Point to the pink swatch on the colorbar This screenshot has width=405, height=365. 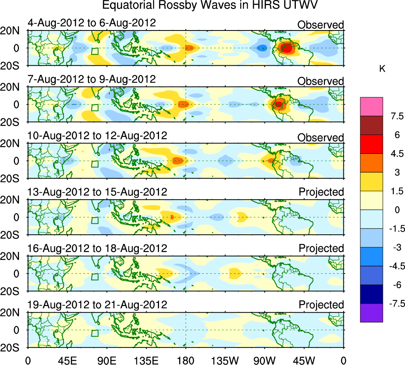tap(371, 106)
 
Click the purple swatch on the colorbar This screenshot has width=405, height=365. tap(371, 313)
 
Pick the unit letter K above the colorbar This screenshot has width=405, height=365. tap(382, 69)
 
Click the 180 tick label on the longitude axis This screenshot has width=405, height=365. tap(186, 360)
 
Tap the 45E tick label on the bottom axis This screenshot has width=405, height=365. tap(67, 360)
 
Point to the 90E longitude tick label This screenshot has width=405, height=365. tap(106, 360)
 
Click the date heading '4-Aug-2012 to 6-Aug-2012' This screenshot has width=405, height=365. tap(92, 23)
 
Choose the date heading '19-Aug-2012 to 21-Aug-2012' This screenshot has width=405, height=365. tap(97, 305)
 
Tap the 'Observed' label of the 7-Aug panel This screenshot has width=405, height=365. tap(320, 81)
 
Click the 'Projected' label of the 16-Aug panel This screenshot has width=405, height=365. tap(321, 248)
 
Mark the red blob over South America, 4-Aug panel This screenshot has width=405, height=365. tap(286, 48)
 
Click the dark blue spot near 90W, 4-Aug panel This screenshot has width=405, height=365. tap(261, 48)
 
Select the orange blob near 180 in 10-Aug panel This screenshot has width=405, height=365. tap(178, 160)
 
